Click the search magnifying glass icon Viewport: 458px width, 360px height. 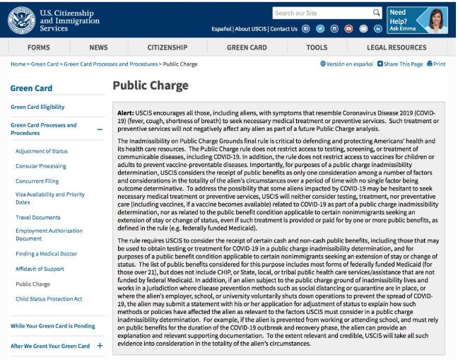pos(377,12)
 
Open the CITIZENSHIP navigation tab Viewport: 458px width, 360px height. pos(167,47)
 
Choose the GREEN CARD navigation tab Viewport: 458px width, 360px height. pos(246,47)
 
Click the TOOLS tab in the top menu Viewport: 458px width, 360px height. pos(317,47)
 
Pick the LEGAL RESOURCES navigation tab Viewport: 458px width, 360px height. pos(397,47)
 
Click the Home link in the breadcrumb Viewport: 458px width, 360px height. pos(18,64)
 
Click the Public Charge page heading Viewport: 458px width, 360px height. pos(151,86)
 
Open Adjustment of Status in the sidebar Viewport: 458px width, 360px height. pos(41,151)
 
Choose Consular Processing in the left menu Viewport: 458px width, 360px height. pos(42,166)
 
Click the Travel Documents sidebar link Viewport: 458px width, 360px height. pos(38,217)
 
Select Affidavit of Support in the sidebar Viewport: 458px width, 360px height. pos(40,269)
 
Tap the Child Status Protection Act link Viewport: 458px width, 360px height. pos(49,298)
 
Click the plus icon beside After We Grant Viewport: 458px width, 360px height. pos(100,346)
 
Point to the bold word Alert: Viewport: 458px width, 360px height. pos(126,113)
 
